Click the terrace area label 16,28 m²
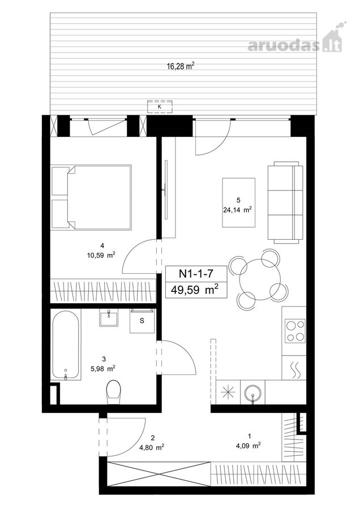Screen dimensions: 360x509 pos(181,66)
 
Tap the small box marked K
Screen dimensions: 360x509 pos(160,106)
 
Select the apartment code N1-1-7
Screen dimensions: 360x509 pos(196,273)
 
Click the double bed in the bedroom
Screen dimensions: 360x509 pos(91,197)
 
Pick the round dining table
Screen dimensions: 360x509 pos(260,279)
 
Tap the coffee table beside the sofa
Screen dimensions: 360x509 pos(238,202)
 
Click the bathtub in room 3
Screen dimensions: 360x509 pos(66,346)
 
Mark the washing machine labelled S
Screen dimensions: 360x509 pos(142,321)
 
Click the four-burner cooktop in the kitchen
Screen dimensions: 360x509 pos(295,331)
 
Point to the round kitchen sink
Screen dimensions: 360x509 pos(253,392)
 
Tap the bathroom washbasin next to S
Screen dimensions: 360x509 pos(109,317)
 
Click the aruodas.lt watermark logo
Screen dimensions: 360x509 pos(295,38)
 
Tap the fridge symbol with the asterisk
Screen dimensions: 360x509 pos(228,392)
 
